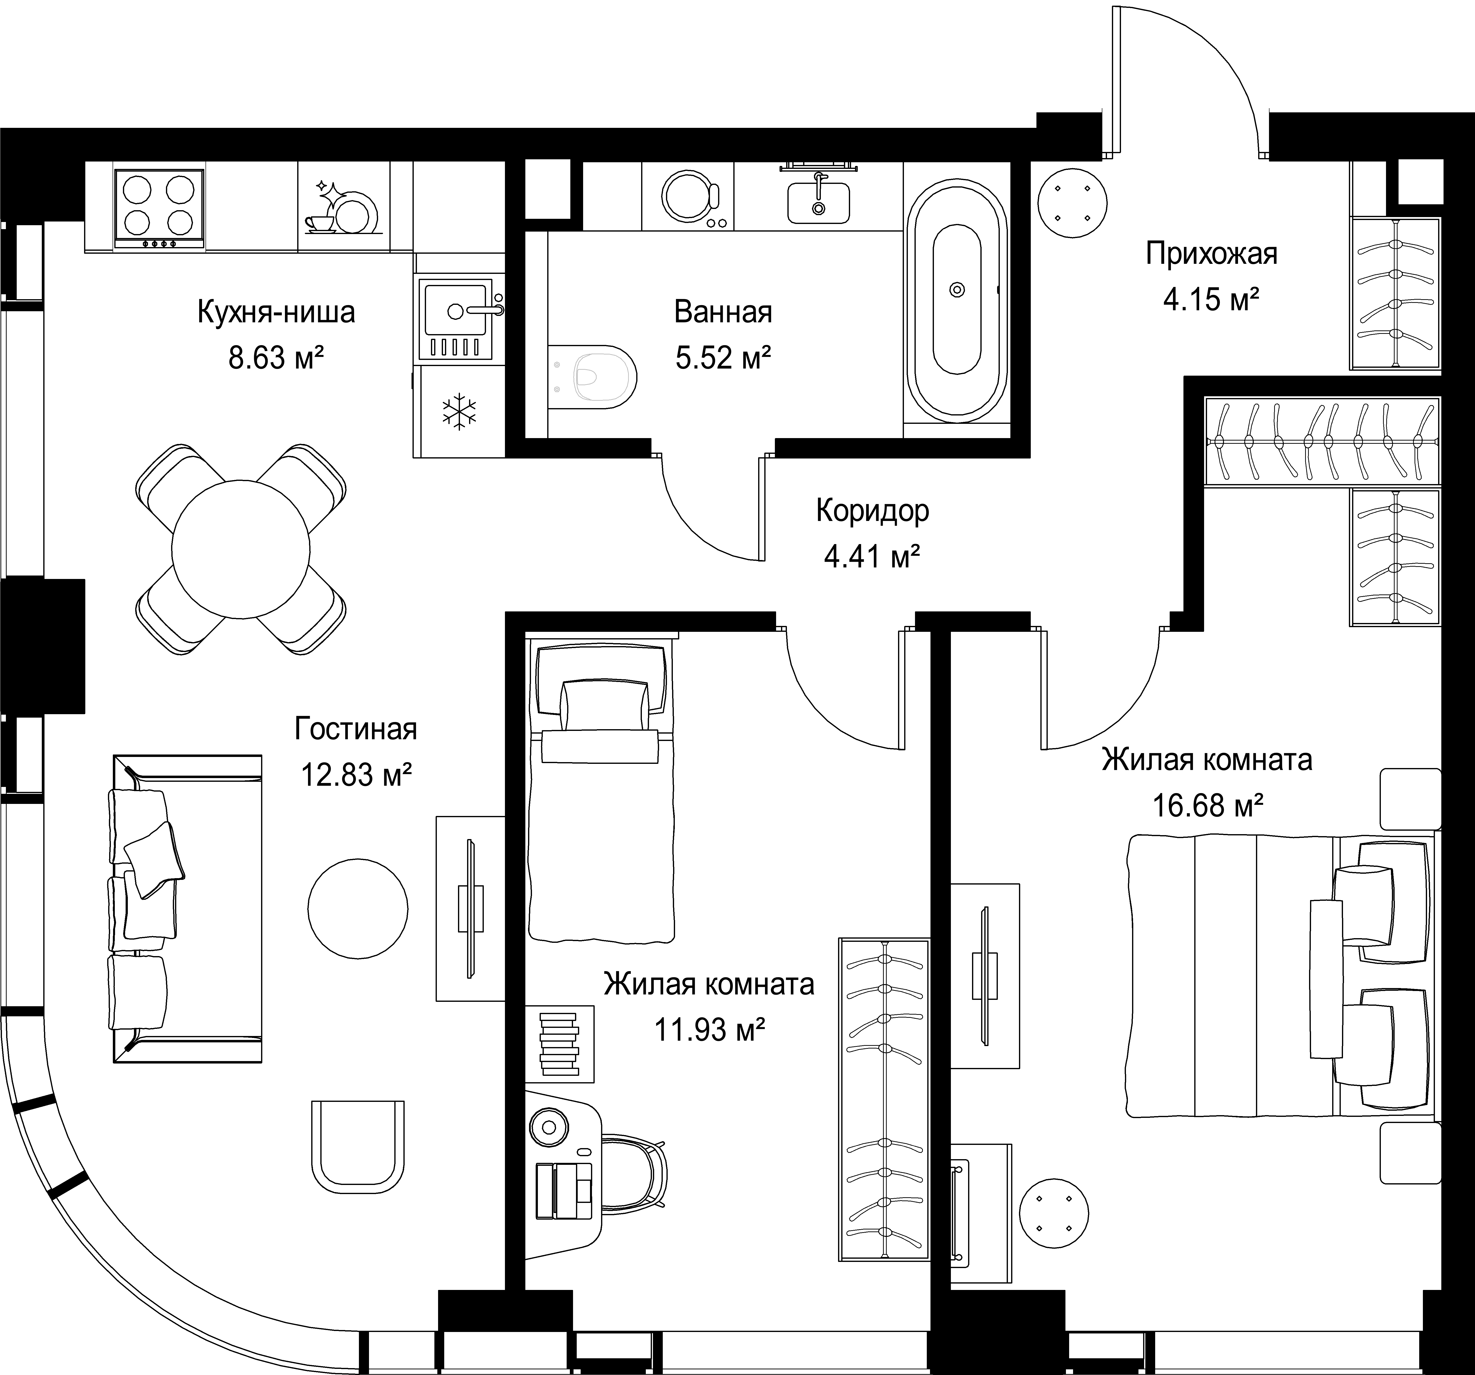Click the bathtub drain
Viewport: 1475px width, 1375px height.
tap(957, 289)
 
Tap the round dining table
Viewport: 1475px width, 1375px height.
tap(240, 549)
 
